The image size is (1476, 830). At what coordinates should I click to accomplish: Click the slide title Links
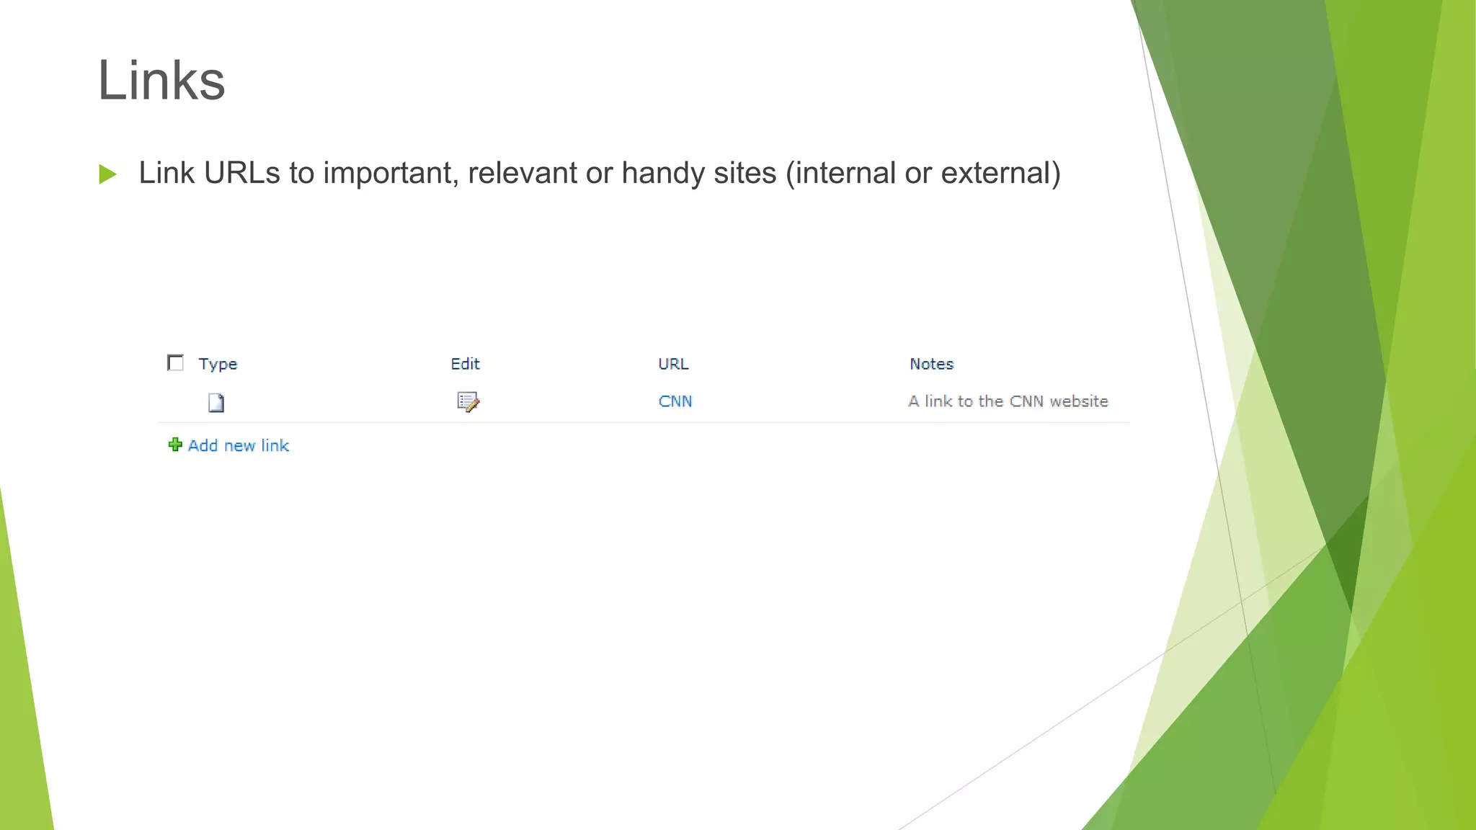coord(161,80)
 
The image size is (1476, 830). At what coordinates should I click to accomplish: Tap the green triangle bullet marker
coord(108,174)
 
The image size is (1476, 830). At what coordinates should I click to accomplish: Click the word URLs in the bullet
coord(242,173)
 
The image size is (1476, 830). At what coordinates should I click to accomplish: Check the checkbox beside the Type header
coord(175,362)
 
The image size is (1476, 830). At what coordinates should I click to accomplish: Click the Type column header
coord(218,364)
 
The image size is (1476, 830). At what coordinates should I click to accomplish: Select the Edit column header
coord(465,364)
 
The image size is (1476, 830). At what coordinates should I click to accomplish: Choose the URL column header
coord(673,364)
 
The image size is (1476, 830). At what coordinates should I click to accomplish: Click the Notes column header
coord(931,364)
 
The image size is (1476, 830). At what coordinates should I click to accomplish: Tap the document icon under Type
coord(216,403)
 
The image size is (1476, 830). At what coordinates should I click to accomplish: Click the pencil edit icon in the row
coord(468,402)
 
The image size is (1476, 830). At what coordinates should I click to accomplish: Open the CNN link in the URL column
coord(675,401)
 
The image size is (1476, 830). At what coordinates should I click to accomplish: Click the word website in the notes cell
coord(1079,401)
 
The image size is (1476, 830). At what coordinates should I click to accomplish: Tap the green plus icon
coord(175,445)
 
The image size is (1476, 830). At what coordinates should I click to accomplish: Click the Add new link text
coord(239,446)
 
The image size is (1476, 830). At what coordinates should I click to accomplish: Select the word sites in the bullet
coord(744,174)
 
